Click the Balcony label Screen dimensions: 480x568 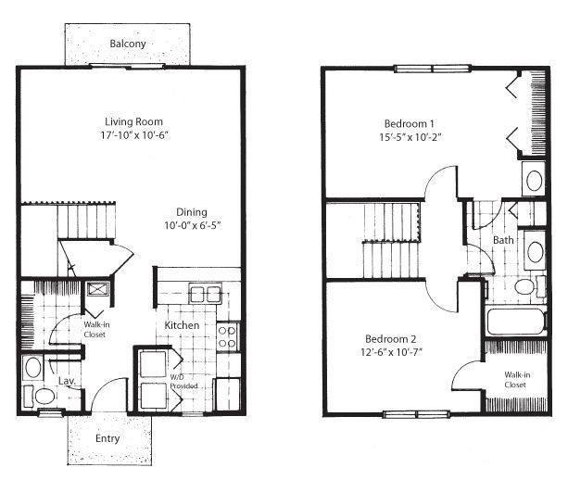(x=128, y=44)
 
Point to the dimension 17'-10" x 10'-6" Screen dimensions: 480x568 (x=135, y=136)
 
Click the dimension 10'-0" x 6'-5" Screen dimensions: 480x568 (x=193, y=225)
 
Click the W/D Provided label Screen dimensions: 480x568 (x=183, y=382)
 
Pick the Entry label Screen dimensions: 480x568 (x=107, y=437)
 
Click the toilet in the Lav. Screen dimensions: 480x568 (x=44, y=397)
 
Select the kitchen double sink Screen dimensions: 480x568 (x=205, y=296)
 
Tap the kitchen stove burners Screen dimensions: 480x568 (x=226, y=335)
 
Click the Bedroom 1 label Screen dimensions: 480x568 (x=409, y=123)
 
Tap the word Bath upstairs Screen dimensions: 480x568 (x=503, y=240)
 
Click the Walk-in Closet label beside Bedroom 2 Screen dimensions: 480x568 (x=515, y=379)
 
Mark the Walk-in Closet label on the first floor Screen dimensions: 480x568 (x=95, y=330)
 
